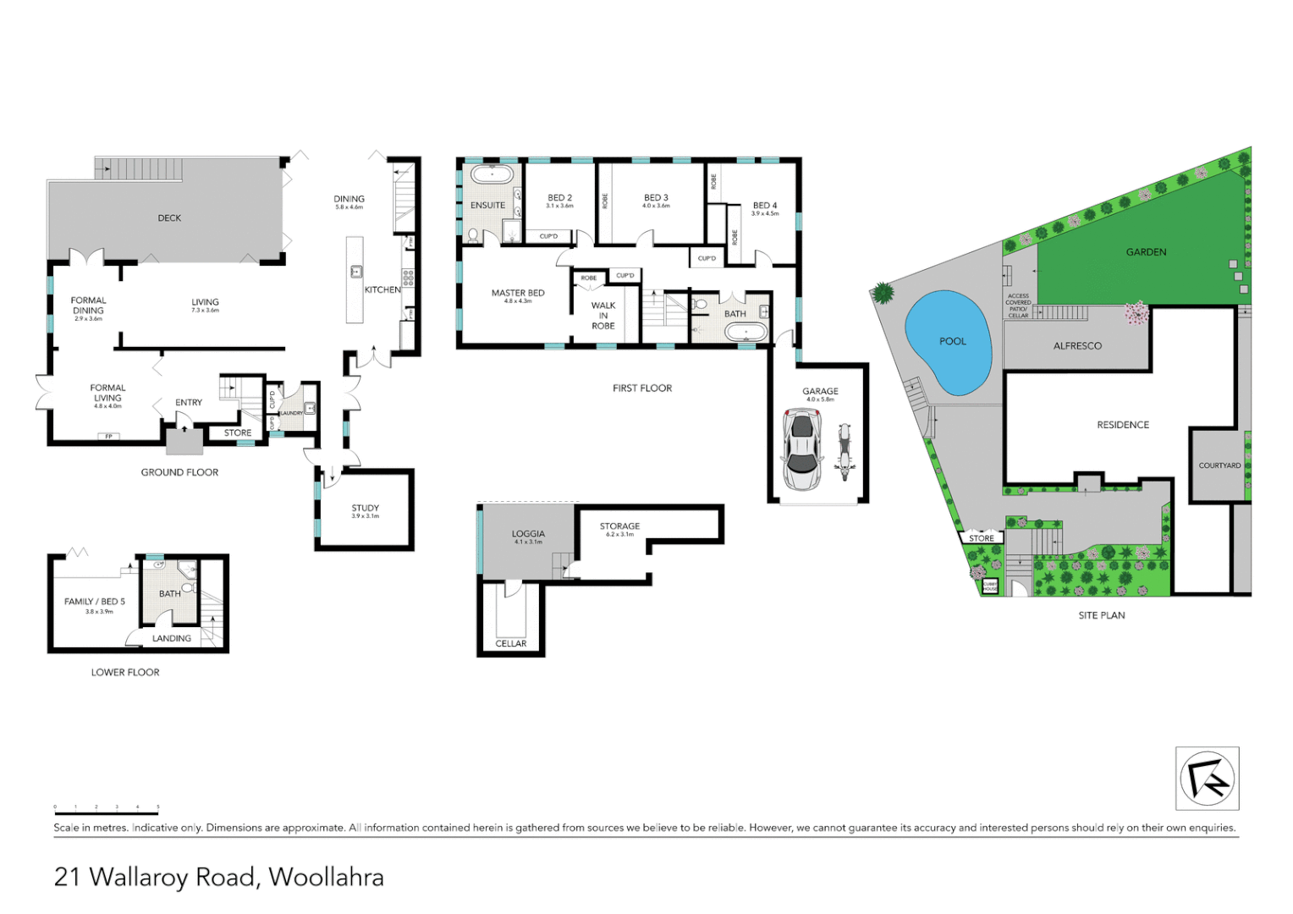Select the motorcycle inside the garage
click(843, 452)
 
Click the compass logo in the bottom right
click(1207, 779)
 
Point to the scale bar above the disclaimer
click(107, 812)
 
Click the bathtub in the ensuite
click(491, 175)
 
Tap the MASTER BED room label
click(518, 294)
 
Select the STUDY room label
click(366, 509)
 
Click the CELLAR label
click(510, 644)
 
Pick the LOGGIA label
click(528, 534)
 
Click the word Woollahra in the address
click(326, 878)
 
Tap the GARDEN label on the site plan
click(1146, 252)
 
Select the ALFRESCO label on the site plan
click(1077, 346)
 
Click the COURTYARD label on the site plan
click(1219, 465)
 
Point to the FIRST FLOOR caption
click(642, 388)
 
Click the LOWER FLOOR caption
click(125, 673)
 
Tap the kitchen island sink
click(356, 272)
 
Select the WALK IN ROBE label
click(603, 316)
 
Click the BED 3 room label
click(656, 198)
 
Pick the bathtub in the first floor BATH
click(746, 332)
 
